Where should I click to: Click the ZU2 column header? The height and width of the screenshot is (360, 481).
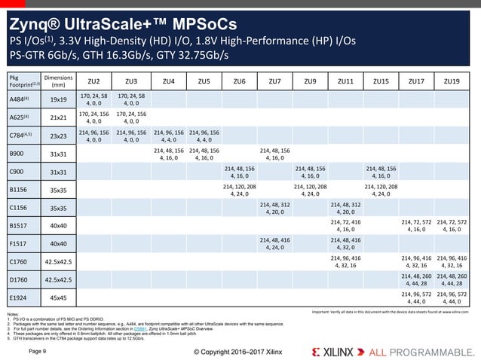point(94,81)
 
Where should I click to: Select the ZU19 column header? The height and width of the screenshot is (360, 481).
point(452,81)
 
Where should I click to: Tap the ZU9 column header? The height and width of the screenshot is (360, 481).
point(310,81)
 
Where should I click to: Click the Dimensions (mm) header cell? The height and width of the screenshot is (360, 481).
point(57,81)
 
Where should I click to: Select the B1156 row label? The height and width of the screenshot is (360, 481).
point(19,190)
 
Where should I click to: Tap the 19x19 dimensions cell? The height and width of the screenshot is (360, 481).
point(57,99)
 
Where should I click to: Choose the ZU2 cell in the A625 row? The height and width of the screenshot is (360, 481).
point(94,117)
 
